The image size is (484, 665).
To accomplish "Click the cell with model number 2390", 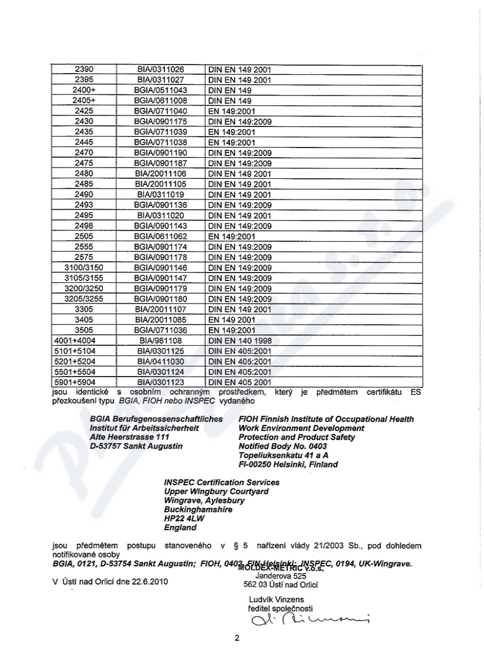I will tap(84, 69).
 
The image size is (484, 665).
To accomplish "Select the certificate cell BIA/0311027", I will tap(160, 79).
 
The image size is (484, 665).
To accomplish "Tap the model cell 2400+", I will tap(84, 89).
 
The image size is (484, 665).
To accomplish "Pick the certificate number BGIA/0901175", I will tap(160, 121).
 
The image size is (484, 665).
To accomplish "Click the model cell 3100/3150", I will tap(84, 267).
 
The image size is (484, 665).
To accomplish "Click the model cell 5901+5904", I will tap(84, 382).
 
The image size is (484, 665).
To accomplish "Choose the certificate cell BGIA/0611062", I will tap(160, 236).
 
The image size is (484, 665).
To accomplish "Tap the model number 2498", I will tap(84, 225).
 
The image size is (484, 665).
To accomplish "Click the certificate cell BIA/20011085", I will tap(160, 319).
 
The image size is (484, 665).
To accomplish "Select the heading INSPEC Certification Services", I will tap(221, 482).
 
